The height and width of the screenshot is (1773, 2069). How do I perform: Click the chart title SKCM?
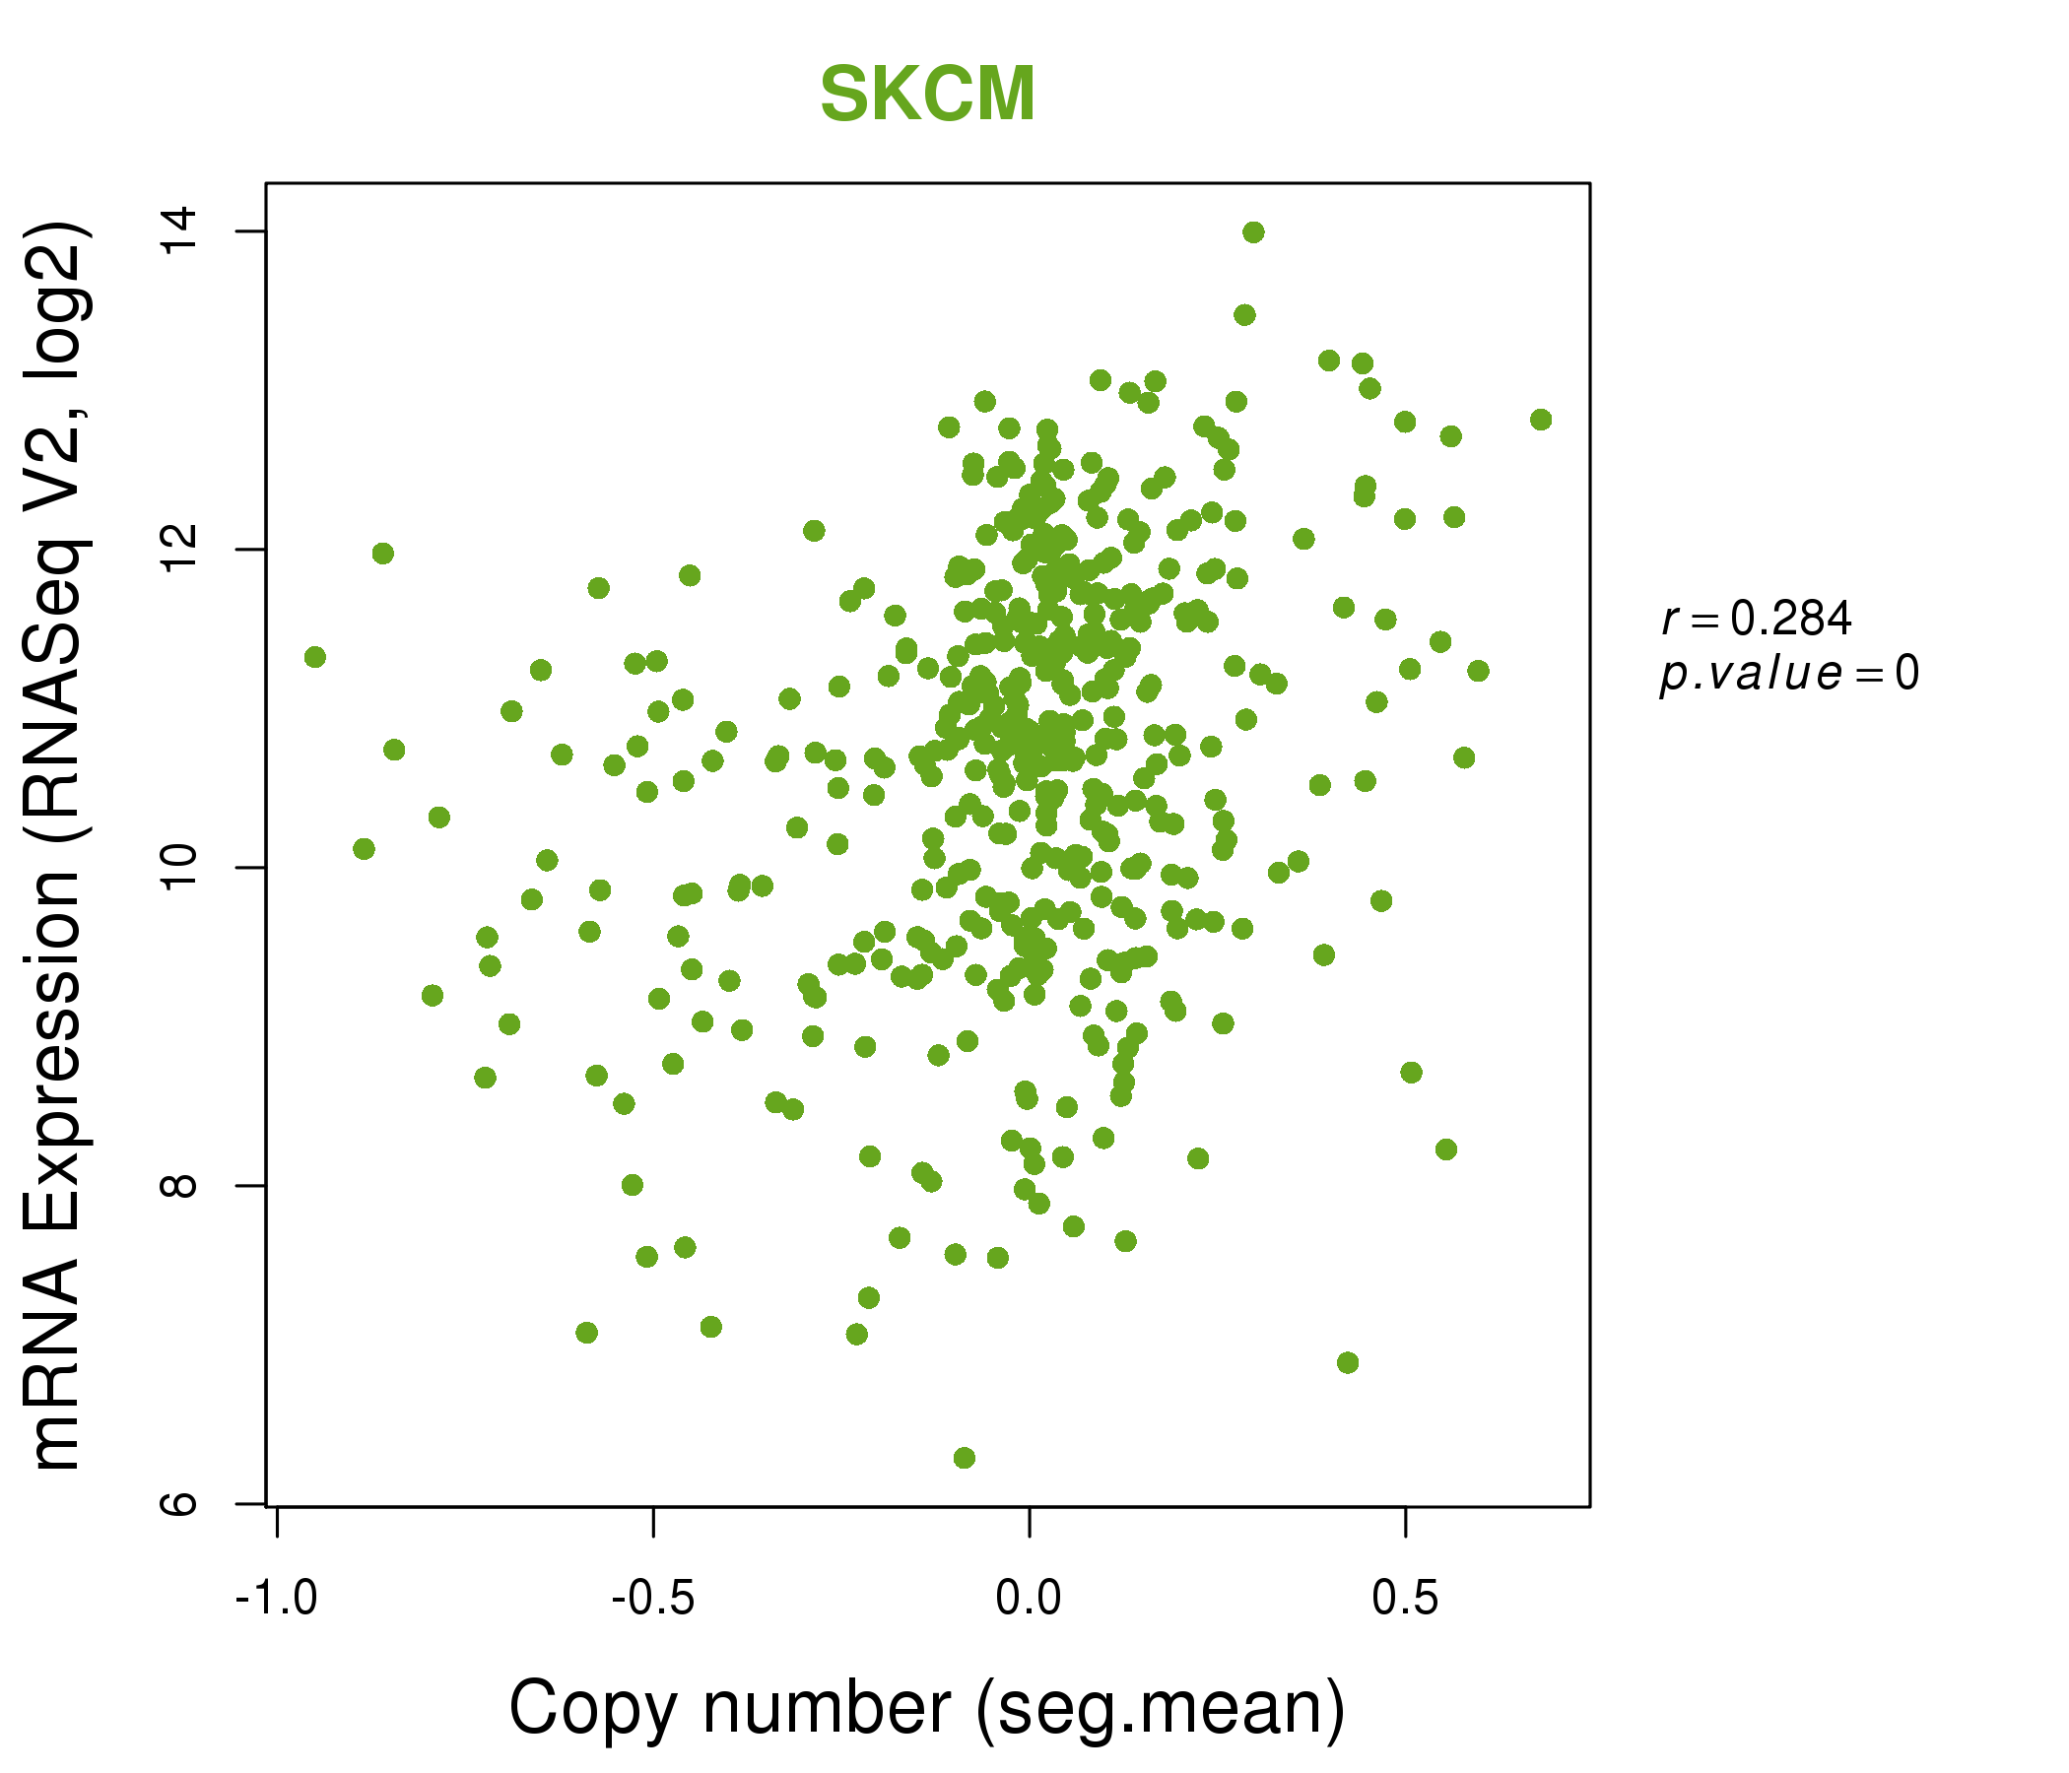pyautogui.click(x=927, y=95)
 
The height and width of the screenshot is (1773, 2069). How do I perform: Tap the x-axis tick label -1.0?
pyautogui.click(x=277, y=1599)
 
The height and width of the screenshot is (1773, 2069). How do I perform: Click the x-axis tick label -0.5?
pyautogui.click(x=653, y=1599)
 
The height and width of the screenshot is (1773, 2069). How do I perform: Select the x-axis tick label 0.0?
pyautogui.click(x=1029, y=1599)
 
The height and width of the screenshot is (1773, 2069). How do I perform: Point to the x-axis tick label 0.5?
pyautogui.click(x=1405, y=1599)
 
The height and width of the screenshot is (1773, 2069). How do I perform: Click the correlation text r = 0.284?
pyautogui.click(x=1757, y=619)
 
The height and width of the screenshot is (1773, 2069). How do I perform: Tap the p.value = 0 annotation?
pyautogui.click(x=1788, y=674)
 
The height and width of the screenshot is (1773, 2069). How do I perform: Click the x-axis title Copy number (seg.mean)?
pyautogui.click(x=927, y=1708)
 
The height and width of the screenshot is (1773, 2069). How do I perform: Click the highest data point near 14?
pyautogui.click(x=1253, y=232)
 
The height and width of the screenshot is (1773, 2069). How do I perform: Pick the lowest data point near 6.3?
pyautogui.click(x=964, y=1459)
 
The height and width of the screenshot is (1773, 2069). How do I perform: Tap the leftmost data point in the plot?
pyautogui.click(x=314, y=657)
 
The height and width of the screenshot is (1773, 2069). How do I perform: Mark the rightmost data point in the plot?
pyautogui.click(x=1541, y=420)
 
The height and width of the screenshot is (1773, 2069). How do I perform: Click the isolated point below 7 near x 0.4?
pyautogui.click(x=1348, y=1362)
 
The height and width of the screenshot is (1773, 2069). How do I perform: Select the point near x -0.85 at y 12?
pyautogui.click(x=382, y=553)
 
